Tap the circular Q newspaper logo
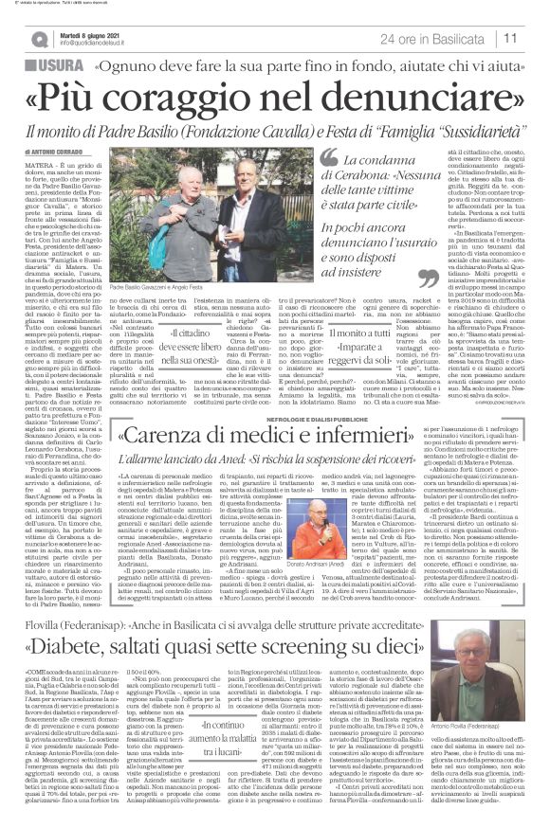coord(40,38)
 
